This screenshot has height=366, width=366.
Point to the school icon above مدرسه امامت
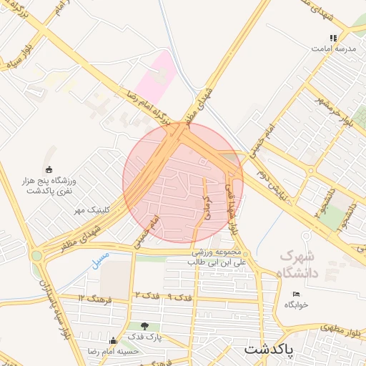[332, 38]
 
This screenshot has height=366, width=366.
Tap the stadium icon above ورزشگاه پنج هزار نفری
[49, 169]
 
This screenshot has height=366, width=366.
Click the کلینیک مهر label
[94, 210]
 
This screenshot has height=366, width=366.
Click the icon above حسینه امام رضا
[112, 341]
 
